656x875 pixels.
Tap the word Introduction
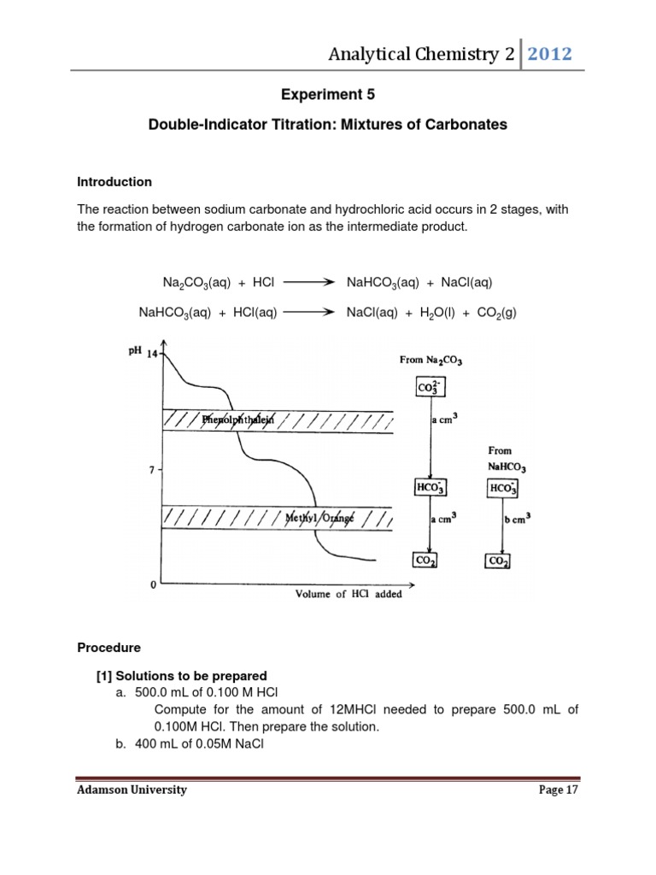pyautogui.click(x=114, y=182)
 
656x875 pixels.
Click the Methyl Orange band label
pyautogui.click(x=319, y=517)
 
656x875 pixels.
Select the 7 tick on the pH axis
pyautogui.click(x=151, y=470)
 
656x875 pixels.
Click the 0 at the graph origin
pyautogui.click(x=153, y=585)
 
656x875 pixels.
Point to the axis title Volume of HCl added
pyautogui.click(x=348, y=594)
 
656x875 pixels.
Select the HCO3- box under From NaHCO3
pyautogui.click(x=502, y=488)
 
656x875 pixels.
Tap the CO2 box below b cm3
pyautogui.click(x=498, y=561)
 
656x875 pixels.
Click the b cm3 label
pyautogui.click(x=528, y=516)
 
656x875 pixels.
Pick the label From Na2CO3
pyautogui.click(x=430, y=360)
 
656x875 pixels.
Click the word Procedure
pyautogui.click(x=108, y=648)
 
